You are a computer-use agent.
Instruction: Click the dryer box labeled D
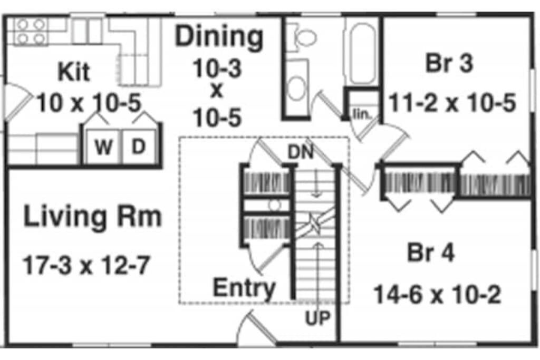138,147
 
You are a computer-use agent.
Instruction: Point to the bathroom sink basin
298,86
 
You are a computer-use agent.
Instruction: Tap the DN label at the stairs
301,152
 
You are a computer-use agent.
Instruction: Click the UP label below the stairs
317,318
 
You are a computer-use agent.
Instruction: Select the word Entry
244,288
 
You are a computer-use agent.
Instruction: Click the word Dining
219,37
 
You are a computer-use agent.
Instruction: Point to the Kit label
73,72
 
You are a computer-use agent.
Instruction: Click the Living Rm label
92,217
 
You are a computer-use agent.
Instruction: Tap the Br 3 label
449,63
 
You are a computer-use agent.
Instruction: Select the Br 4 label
430,254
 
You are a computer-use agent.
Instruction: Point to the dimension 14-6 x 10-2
437,295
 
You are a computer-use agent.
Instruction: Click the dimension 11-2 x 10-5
452,103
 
